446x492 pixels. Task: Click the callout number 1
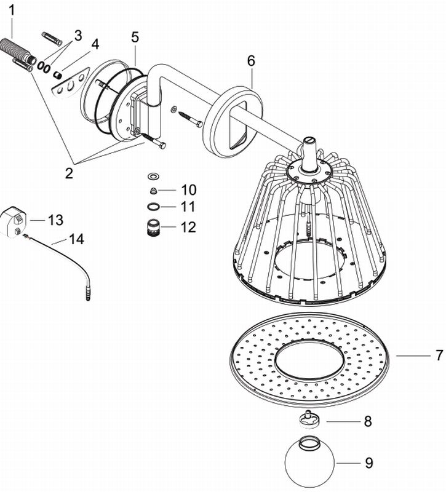[x=11, y=11]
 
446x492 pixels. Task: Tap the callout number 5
[x=135, y=37]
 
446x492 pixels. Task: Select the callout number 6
[x=251, y=60]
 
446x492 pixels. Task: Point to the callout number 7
[x=439, y=355]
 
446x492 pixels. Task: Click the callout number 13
[x=55, y=220]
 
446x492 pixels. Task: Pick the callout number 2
[x=69, y=173]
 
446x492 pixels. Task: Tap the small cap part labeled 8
[x=308, y=419]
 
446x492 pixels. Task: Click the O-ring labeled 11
[x=153, y=207]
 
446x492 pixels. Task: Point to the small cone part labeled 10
[x=153, y=190]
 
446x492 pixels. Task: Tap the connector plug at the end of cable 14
[x=89, y=295]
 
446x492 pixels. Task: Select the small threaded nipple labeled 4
[x=57, y=75]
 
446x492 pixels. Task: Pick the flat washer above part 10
[x=153, y=176]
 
